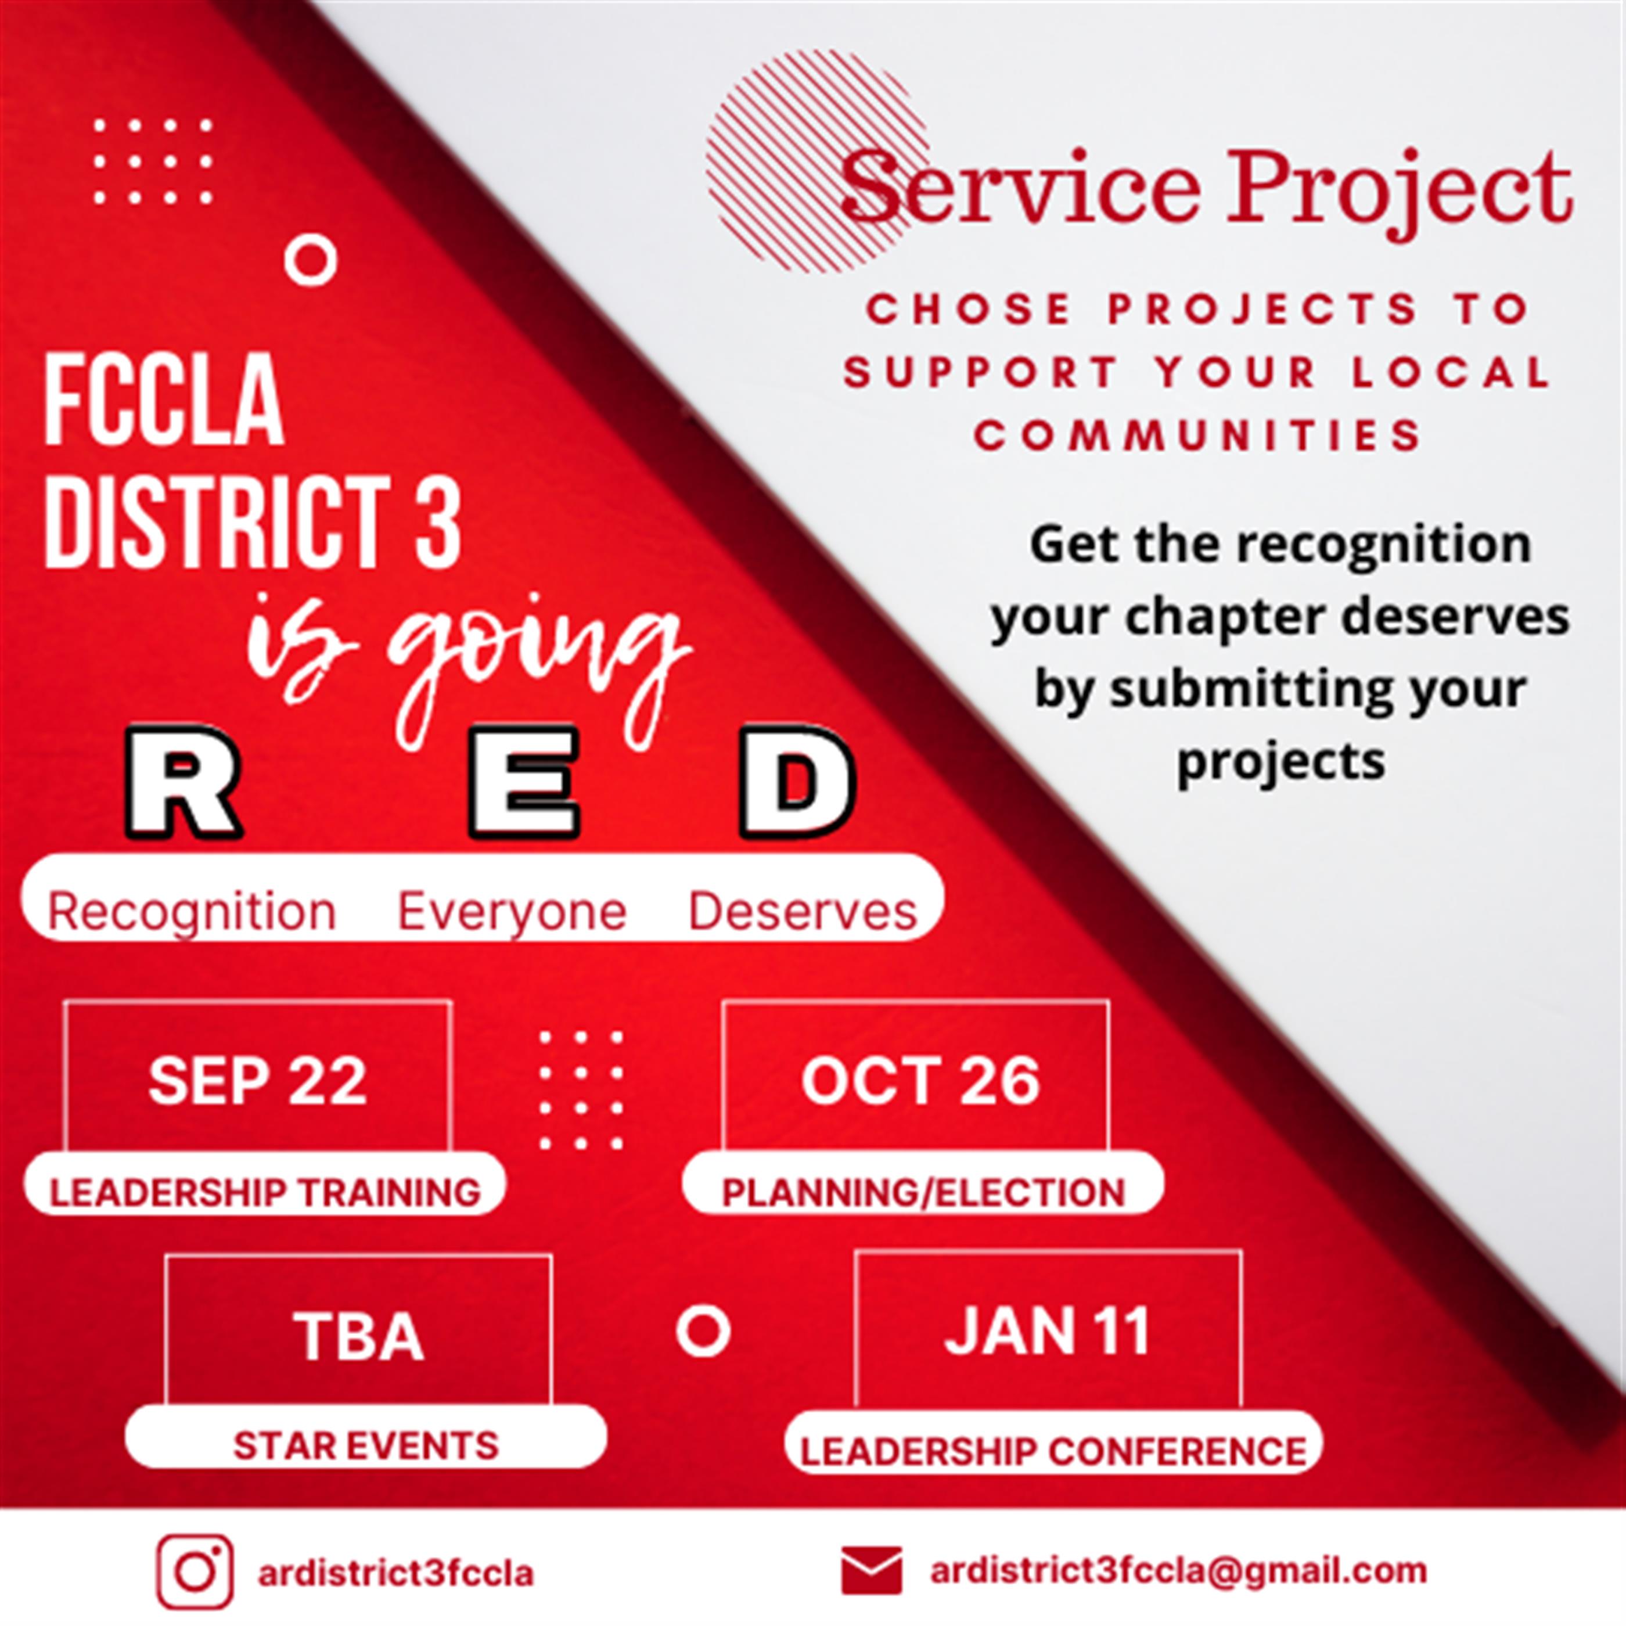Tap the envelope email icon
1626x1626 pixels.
871,1570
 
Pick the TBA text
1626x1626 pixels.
358,1336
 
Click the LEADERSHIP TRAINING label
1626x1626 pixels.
265,1193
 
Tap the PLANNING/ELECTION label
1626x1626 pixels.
923,1193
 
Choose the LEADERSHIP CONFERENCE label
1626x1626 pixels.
1053,1451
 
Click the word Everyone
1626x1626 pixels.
512,912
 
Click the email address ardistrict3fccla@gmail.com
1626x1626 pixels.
1178,1570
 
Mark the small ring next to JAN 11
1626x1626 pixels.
703,1330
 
